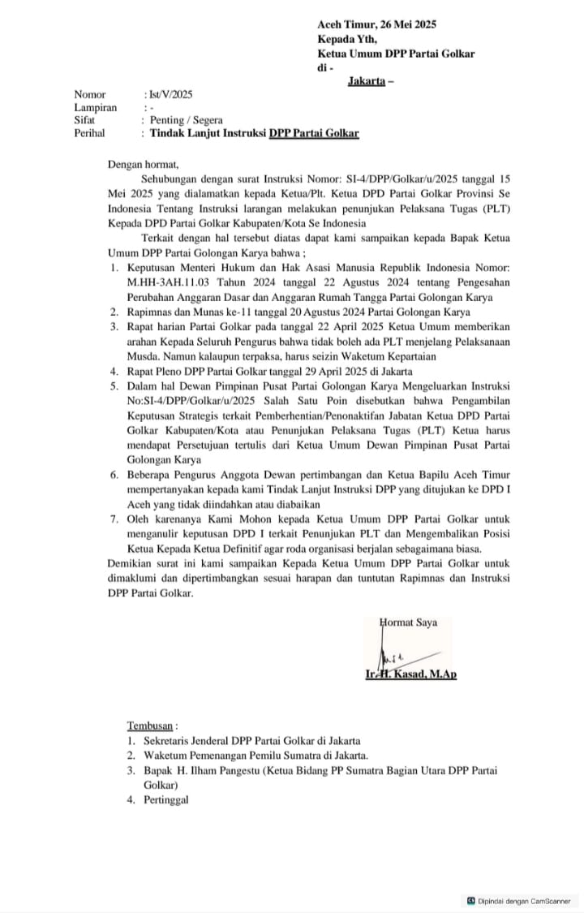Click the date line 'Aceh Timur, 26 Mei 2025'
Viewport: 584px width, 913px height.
coord(376,25)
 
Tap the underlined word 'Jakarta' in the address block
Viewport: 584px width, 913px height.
coord(366,80)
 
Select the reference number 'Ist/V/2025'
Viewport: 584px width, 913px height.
coord(168,95)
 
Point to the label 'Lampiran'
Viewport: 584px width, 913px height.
coord(95,107)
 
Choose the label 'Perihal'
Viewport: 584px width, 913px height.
coord(90,133)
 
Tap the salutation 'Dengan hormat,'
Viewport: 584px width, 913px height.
coord(143,164)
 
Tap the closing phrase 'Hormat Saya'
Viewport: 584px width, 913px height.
coord(409,622)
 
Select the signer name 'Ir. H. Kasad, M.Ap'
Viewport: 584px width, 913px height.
coord(410,674)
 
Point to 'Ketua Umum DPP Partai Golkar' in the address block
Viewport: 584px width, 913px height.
coord(396,54)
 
